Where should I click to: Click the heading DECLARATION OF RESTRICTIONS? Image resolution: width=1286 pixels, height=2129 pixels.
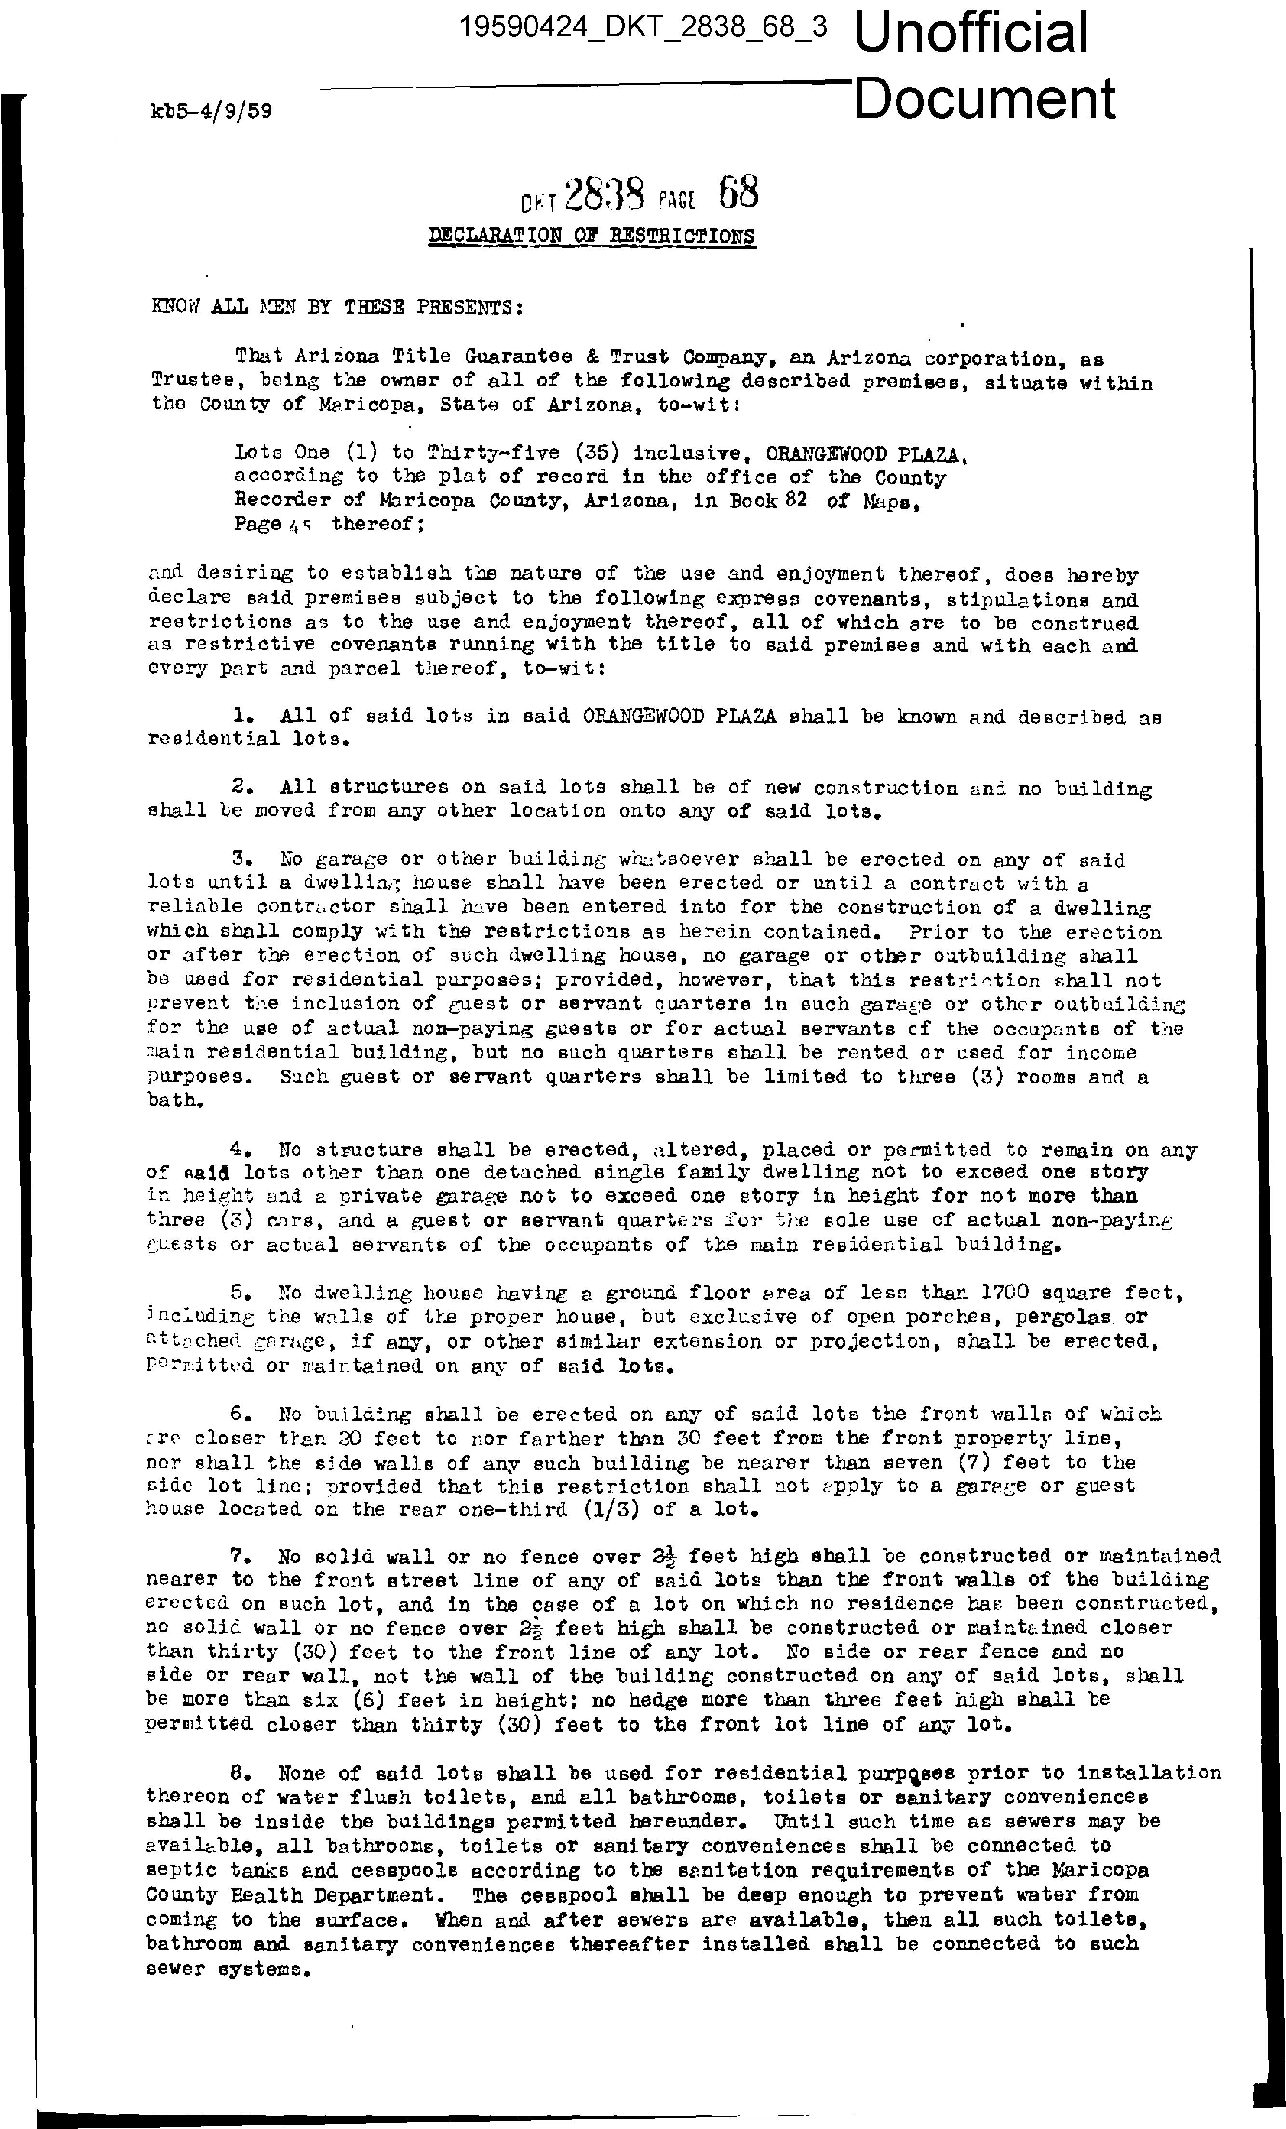pyautogui.click(x=592, y=237)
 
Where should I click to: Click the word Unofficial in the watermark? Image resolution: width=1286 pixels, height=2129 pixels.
pyautogui.click(x=971, y=33)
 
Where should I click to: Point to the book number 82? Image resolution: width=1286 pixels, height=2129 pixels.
pyautogui.click(x=795, y=500)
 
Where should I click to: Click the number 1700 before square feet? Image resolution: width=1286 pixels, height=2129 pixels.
pyautogui.click(x=1004, y=1294)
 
